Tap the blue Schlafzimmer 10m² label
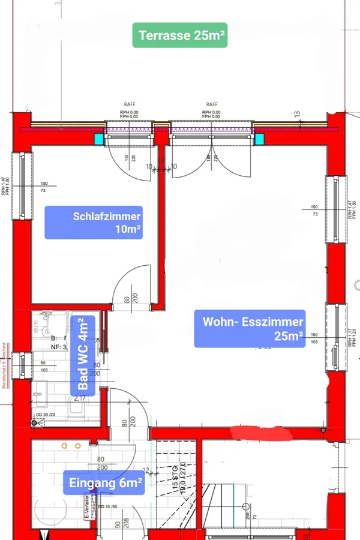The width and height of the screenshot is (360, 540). pyautogui.click(x=94, y=222)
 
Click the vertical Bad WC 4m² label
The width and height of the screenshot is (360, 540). pyautogui.click(x=83, y=355)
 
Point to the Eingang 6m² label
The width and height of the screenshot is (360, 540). pyautogui.click(x=106, y=482)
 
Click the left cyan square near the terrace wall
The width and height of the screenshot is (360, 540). pyautogui.click(x=98, y=139)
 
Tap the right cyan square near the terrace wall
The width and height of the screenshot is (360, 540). pyautogui.click(x=260, y=139)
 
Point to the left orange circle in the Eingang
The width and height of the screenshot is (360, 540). pyautogui.click(x=64, y=446)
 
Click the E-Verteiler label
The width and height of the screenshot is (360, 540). pyautogui.click(x=87, y=506)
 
